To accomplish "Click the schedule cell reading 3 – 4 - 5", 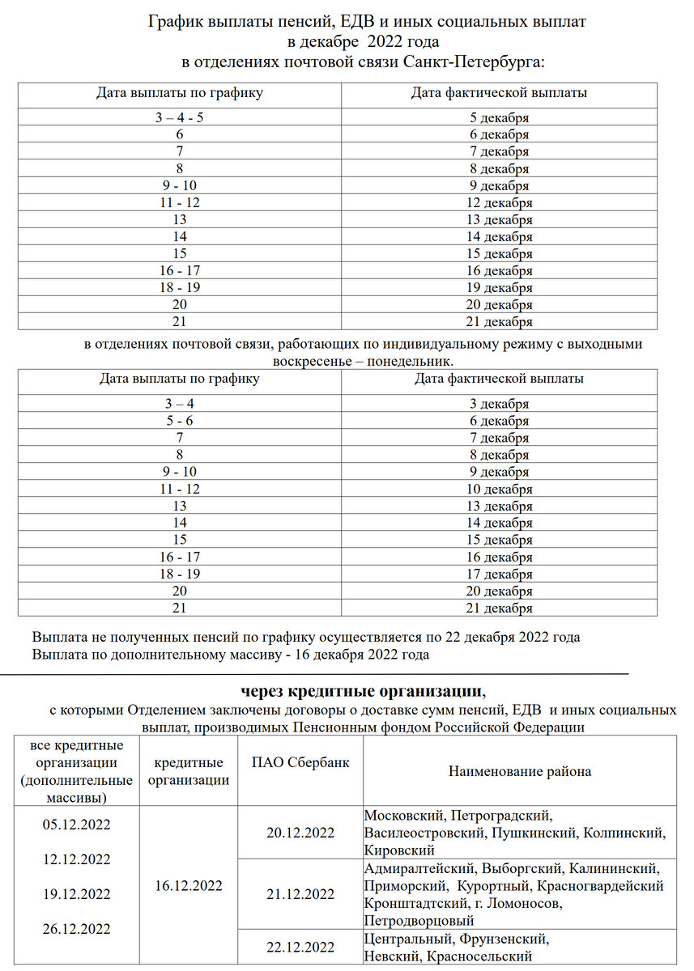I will [x=179, y=117].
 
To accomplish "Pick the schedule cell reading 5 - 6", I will [x=179, y=421].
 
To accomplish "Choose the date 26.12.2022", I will [x=76, y=928].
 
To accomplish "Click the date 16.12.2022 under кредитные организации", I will [x=188, y=885].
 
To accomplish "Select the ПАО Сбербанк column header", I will [x=300, y=762].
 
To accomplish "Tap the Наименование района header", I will [x=520, y=771].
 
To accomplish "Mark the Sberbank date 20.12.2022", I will [x=300, y=833].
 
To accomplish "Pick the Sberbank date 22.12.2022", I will [x=300, y=948].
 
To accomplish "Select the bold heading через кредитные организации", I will [x=360, y=691].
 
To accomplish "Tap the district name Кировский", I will [x=399, y=850].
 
